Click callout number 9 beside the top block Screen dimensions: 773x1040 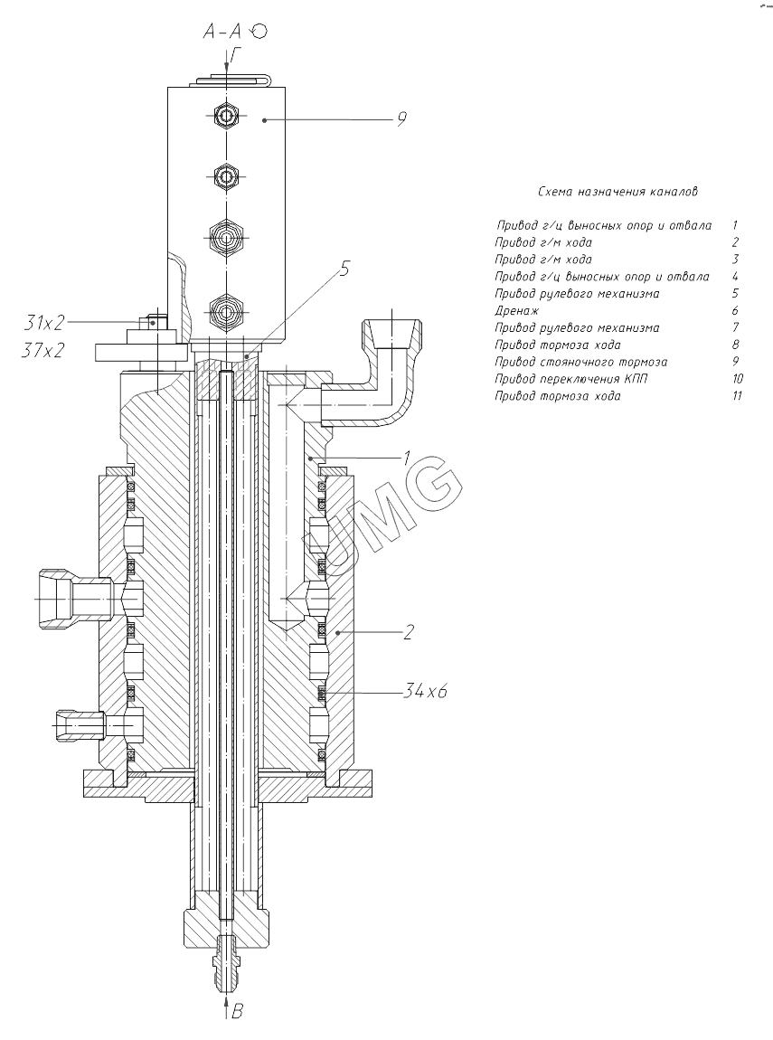pos(401,118)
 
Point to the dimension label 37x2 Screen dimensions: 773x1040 pos(43,350)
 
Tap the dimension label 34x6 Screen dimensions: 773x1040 pos(425,691)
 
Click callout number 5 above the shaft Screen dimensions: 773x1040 pos(344,269)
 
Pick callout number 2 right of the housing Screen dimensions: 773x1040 pos(409,632)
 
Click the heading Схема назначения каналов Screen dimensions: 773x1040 pos(617,192)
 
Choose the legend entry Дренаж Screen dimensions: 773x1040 pos(517,310)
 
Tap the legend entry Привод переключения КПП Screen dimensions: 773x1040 pos(570,379)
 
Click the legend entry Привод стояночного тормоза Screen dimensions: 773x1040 pos(581,362)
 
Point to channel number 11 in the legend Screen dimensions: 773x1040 pos(737,396)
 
